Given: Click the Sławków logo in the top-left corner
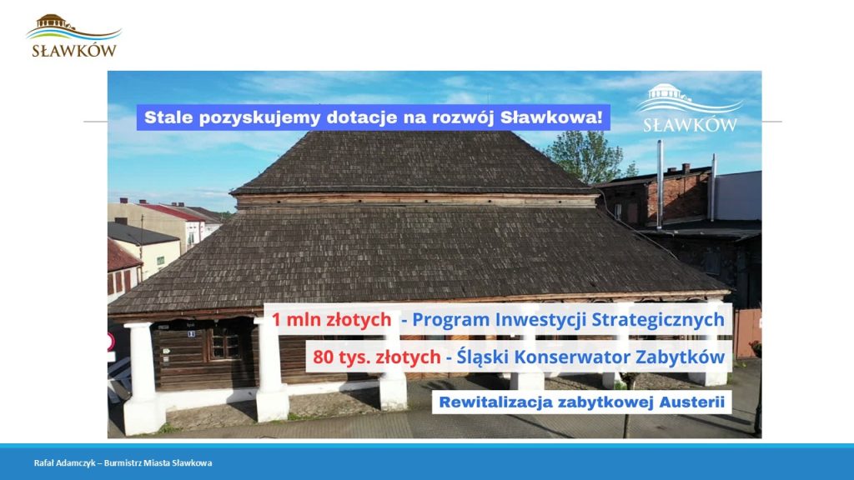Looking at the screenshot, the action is pos(73,36).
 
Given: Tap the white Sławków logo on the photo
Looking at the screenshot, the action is pos(690,108).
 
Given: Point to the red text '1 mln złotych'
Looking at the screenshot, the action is pos(331,319).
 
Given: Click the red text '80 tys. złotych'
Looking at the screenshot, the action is pos(376,357).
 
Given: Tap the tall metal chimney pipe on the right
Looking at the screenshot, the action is pos(660,184).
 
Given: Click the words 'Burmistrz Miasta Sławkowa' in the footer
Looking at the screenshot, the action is pos(158,463).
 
